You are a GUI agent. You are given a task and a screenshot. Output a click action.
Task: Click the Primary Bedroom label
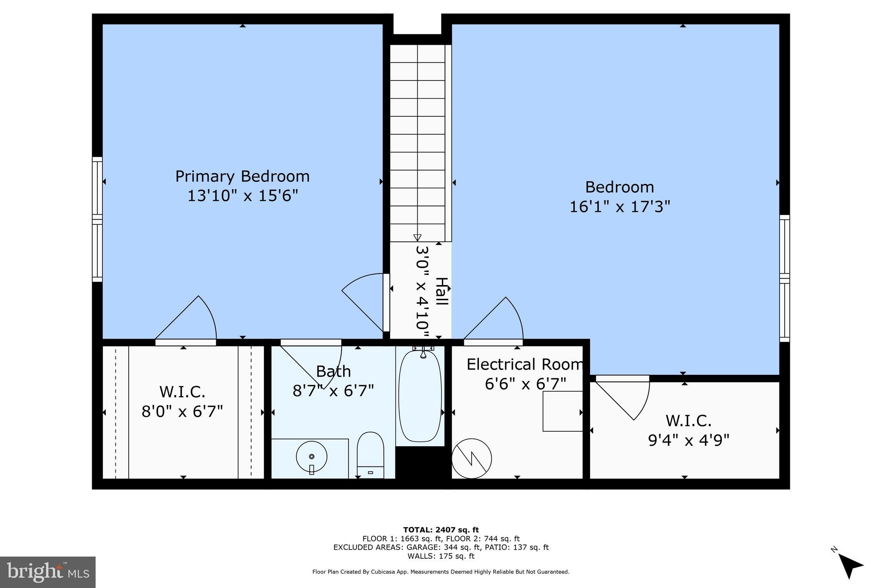242,177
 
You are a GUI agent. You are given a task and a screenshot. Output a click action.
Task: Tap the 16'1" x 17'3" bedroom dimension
620,207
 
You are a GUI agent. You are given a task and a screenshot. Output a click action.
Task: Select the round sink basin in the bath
311,457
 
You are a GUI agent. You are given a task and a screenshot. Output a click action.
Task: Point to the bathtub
420,395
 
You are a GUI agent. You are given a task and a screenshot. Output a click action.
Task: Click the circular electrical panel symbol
472,458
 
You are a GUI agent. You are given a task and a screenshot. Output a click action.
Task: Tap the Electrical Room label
525,364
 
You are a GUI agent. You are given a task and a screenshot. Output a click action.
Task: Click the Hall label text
441,292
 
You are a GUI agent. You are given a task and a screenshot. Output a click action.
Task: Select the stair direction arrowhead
417,237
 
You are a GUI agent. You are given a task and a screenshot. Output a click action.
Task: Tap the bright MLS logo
48,572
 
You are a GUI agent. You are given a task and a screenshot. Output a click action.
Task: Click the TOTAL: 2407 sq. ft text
441,530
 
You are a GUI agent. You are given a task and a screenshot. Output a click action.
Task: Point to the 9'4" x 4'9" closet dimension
688,440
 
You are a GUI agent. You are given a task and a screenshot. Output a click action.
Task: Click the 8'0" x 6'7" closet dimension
182,411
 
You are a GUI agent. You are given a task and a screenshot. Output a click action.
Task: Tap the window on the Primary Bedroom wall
97,219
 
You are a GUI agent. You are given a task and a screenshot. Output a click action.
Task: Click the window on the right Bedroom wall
785,278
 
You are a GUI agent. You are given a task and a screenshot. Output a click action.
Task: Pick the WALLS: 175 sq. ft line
441,556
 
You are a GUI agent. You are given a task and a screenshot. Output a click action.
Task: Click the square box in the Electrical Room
562,411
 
